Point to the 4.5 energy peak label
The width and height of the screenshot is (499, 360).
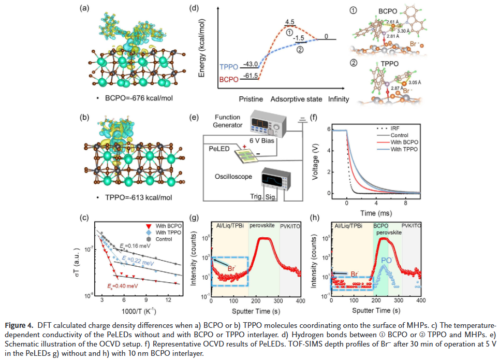288,22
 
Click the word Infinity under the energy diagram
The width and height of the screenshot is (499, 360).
336,99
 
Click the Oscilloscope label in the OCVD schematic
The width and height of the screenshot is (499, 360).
234,177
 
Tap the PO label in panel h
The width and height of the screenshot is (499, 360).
386,260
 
